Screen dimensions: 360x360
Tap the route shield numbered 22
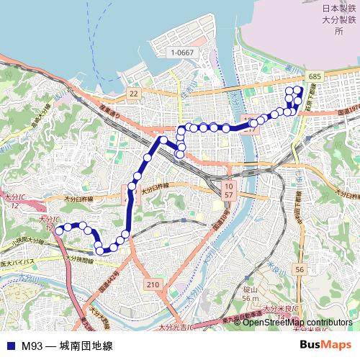[133, 94]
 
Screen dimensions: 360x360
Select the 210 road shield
[151, 285]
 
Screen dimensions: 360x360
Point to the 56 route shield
[300, 269]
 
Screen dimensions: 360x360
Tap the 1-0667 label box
[183, 53]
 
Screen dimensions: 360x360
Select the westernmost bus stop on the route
[58, 230]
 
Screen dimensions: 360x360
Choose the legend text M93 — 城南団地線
[67, 346]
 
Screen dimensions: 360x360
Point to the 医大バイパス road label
[22, 256]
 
